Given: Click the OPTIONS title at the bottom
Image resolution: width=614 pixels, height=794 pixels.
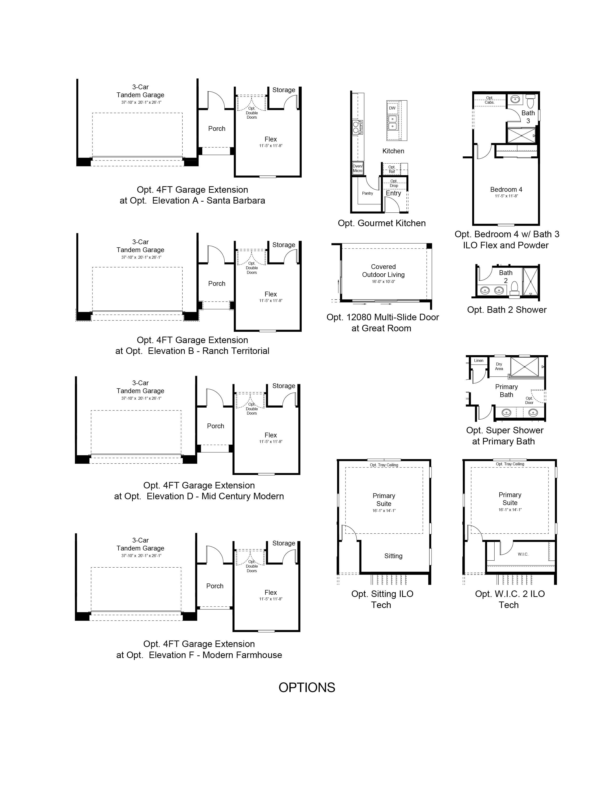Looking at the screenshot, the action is pyautogui.click(x=307, y=687).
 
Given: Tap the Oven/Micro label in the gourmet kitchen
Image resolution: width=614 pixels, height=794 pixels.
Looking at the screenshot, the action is pyautogui.click(x=358, y=168).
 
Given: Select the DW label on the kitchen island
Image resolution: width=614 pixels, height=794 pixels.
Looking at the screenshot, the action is pyautogui.click(x=392, y=108).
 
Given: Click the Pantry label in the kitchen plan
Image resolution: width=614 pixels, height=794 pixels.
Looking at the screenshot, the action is pyautogui.click(x=367, y=193).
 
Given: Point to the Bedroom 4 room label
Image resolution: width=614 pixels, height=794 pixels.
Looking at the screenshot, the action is pyautogui.click(x=506, y=189).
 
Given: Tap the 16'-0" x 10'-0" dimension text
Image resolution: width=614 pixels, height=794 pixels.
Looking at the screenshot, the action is pyautogui.click(x=383, y=282).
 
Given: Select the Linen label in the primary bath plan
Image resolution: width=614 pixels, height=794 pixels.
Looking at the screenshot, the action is pyautogui.click(x=479, y=361).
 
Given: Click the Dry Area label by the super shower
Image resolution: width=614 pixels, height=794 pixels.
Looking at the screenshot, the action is pyautogui.click(x=499, y=366).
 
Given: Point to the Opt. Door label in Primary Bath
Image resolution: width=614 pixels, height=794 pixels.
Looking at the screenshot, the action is pyautogui.click(x=529, y=400).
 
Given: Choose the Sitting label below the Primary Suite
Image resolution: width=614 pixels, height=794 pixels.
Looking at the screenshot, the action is pyautogui.click(x=393, y=556).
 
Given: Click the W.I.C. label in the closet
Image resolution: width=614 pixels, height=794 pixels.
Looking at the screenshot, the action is pyautogui.click(x=523, y=554).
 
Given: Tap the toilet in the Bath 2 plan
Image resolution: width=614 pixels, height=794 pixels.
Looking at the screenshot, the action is pyautogui.click(x=514, y=288).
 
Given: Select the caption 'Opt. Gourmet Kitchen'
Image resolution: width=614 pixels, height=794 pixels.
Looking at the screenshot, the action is pyautogui.click(x=382, y=223).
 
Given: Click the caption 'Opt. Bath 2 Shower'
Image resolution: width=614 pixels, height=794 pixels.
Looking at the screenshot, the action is pyautogui.click(x=507, y=310).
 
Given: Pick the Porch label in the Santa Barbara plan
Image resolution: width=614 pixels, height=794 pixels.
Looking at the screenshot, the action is pyautogui.click(x=217, y=129).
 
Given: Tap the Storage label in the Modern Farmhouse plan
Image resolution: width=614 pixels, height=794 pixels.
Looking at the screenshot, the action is pyautogui.click(x=284, y=543).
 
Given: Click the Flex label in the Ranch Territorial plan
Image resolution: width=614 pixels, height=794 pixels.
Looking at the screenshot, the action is pyautogui.click(x=271, y=294).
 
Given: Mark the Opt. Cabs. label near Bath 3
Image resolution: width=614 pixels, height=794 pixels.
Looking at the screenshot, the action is pyautogui.click(x=490, y=100).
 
